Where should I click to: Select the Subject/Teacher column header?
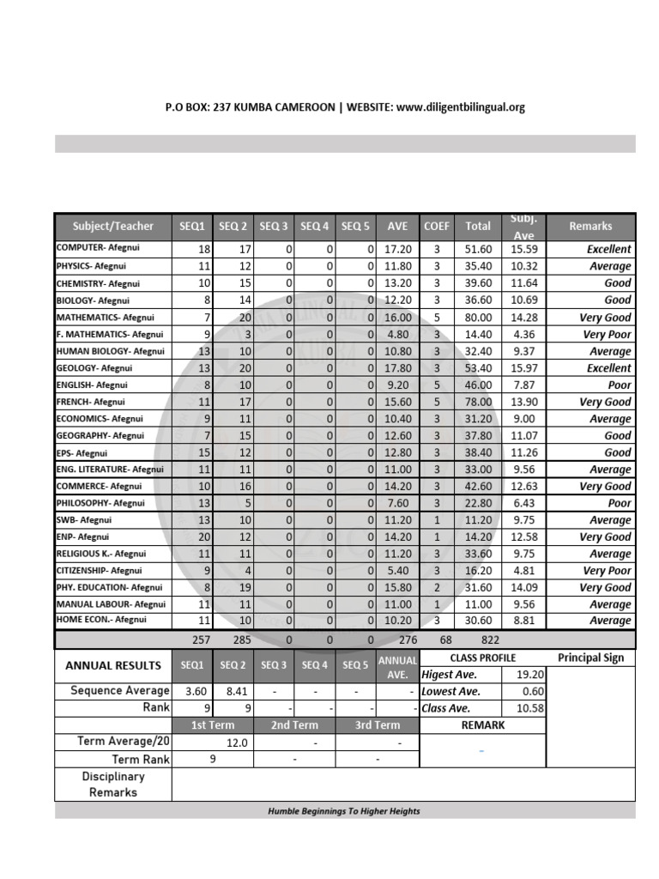coord(113,227)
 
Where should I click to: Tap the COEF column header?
coord(437,227)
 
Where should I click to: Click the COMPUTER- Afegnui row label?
coord(97,248)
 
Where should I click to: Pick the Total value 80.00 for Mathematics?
coord(478,317)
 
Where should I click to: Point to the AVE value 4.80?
coord(397,334)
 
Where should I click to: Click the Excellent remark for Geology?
coord(608,367)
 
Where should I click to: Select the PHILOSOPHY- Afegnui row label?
coord(100,503)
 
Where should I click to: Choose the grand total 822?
coord(489,640)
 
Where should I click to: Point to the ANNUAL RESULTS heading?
coord(113,665)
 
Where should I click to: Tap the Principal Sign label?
coord(591,658)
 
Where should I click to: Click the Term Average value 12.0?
coord(237,743)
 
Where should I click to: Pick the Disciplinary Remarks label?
coord(113,784)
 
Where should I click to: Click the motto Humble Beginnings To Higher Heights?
coord(344,811)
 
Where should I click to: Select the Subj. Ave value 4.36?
coord(523,334)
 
